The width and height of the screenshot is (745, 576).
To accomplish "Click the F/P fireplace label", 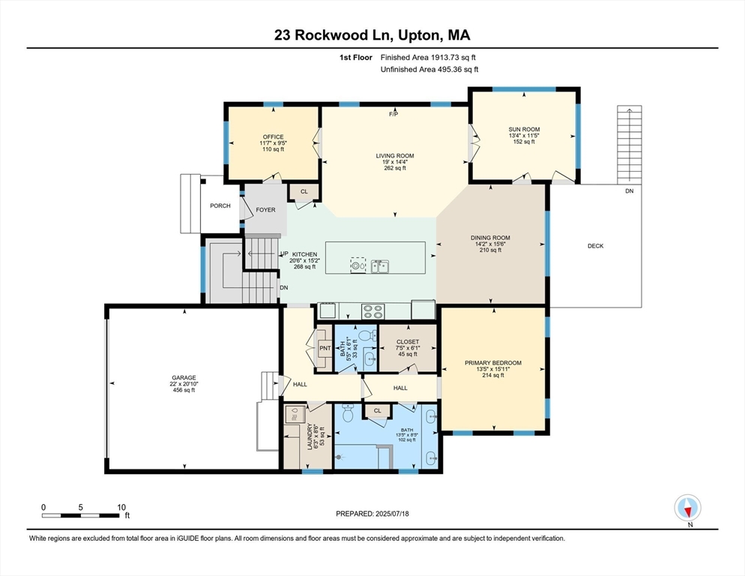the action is [x=393, y=114].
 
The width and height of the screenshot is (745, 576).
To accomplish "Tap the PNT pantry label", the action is [x=325, y=348].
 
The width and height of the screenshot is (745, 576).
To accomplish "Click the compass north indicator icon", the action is [x=687, y=508].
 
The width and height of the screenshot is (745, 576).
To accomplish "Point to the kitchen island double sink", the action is [x=380, y=266].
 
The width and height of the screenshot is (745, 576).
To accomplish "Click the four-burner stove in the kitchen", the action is [x=373, y=311].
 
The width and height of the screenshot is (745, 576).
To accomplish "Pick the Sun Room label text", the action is [x=524, y=129].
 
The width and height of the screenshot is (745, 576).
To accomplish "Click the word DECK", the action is [x=595, y=246].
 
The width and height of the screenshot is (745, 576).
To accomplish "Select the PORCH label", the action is [x=220, y=205].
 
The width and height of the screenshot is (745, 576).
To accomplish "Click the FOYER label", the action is [x=265, y=210].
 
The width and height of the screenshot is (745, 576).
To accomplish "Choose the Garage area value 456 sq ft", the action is [x=184, y=390].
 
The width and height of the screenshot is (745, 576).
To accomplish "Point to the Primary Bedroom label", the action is [x=493, y=363].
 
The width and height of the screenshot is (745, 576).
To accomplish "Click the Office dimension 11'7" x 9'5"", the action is [x=274, y=143].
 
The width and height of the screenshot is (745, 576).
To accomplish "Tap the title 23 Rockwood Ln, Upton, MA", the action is [x=372, y=35].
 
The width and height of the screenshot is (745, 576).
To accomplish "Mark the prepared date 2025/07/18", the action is [x=392, y=514].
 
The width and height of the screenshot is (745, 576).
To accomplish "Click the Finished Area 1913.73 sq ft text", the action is [x=428, y=58].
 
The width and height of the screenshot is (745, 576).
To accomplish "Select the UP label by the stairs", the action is [x=284, y=254].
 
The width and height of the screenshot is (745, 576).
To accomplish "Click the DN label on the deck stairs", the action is [x=629, y=191].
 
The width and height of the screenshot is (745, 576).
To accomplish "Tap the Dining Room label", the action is [x=490, y=238].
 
